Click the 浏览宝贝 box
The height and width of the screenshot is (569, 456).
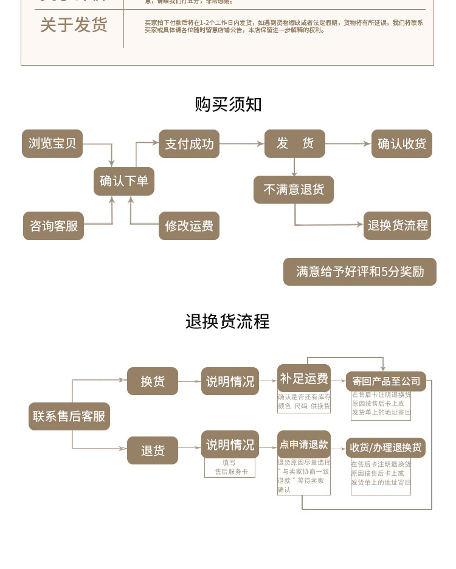(52, 143)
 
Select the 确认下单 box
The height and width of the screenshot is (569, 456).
(124, 181)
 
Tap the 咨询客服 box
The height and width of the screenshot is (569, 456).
(54, 226)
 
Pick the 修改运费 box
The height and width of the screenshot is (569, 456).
(189, 226)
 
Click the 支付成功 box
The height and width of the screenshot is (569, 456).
(189, 144)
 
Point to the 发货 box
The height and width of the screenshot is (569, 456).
(295, 143)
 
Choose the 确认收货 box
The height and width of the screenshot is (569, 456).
(402, 144)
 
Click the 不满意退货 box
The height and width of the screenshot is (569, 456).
(294, 189)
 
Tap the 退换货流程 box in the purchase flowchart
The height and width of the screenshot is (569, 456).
(398, 226)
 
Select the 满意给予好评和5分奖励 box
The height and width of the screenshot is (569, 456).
(360, 272)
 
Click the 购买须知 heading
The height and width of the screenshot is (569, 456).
(228, 104)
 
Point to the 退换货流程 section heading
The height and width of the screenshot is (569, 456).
(228, 321)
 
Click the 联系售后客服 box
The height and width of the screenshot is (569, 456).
(69, 416)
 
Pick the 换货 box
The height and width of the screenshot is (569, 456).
(153, 381)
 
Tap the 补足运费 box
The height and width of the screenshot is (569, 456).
(304, 379)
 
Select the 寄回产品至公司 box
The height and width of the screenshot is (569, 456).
(386, 381)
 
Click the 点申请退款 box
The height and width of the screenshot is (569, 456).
(304, 444)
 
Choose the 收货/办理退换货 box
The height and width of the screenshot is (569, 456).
(385, 447)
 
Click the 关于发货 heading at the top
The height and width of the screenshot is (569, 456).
(74, 25)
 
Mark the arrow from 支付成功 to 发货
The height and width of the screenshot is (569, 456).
(242, 144)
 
